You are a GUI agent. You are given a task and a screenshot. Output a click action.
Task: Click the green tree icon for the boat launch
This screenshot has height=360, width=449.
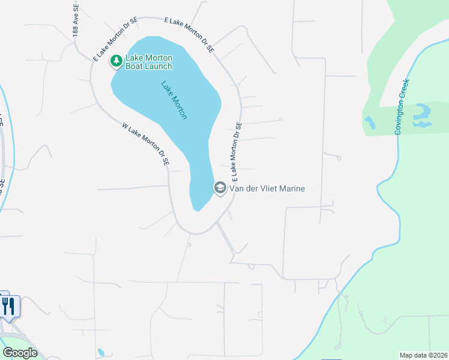tap(116, 61)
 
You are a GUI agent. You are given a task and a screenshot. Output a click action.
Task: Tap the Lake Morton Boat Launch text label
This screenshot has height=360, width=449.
tap(148, 62)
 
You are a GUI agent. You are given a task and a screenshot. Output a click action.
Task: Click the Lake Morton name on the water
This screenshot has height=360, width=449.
tap(174, 100)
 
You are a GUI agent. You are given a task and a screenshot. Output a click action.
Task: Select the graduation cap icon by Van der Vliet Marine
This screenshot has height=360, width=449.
tap(220, 188)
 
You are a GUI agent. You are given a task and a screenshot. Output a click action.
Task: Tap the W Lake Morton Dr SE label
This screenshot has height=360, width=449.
tap(146, 145)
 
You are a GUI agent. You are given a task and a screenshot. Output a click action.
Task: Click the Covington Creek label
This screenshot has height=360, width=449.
tap(402, 106)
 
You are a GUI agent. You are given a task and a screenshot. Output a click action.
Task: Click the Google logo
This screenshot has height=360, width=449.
tap(20, 353)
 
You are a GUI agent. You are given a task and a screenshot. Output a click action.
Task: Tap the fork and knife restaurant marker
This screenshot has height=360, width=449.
tap(8, 307)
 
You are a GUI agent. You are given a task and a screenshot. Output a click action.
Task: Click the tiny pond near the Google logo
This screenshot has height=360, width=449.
tap(100, 352)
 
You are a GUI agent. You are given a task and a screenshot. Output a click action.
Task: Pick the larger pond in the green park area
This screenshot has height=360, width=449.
tap(423, 115)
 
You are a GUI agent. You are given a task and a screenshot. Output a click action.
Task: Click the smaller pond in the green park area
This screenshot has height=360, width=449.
tap(370, 123)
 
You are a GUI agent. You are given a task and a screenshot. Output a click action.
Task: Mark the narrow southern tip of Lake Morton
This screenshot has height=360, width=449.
tap(196, 205)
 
